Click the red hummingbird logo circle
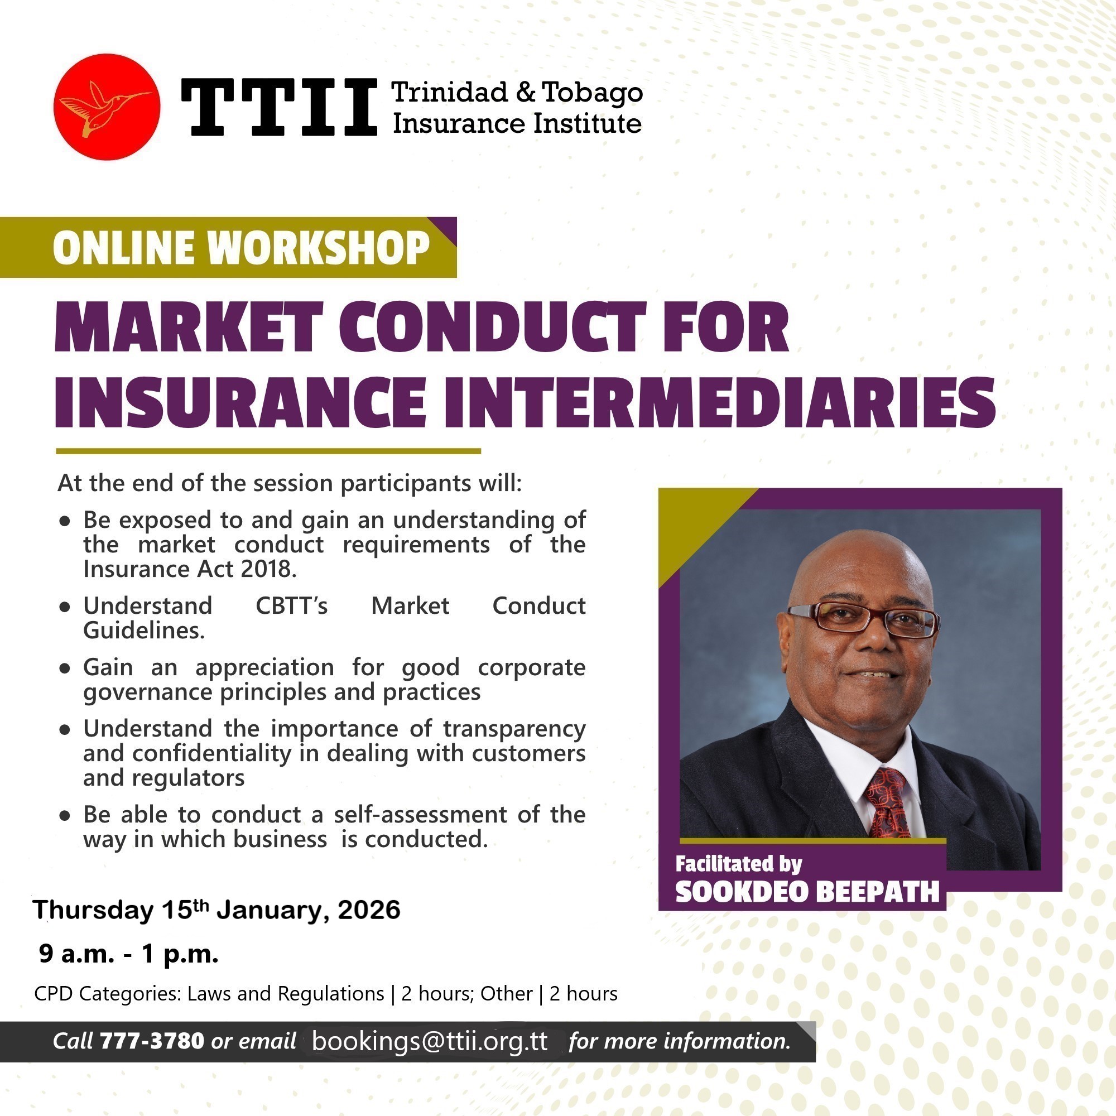[x=107, y=107]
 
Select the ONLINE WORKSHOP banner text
[x=241, y=248]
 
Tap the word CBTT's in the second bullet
[x=291, y=606]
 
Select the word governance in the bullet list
[x=147, y=692]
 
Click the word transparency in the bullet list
[x=514, y=728]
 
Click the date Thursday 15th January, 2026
[x=217, y=910]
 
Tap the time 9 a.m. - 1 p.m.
[x=128, y=954]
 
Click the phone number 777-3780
[x=152, y=1041]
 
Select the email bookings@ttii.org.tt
[x=429, y=1041]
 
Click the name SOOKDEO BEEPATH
[x=807, y=892]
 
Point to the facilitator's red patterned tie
[x=887, y=804]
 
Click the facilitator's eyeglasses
[x=863, y=619]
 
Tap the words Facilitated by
[x=739, y=864]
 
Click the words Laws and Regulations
[x=285, y=994]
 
